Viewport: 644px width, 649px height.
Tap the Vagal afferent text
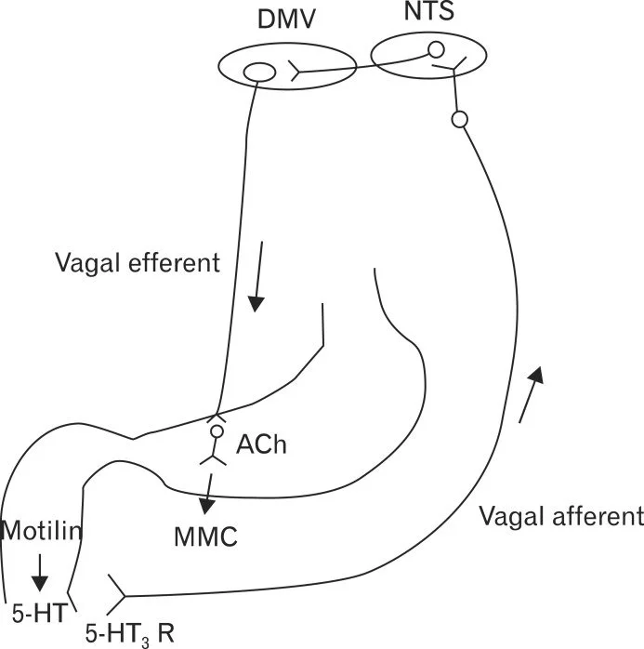[559, 515]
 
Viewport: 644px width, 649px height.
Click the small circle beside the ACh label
[217, 431]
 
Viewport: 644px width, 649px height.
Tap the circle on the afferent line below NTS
[457, 119]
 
